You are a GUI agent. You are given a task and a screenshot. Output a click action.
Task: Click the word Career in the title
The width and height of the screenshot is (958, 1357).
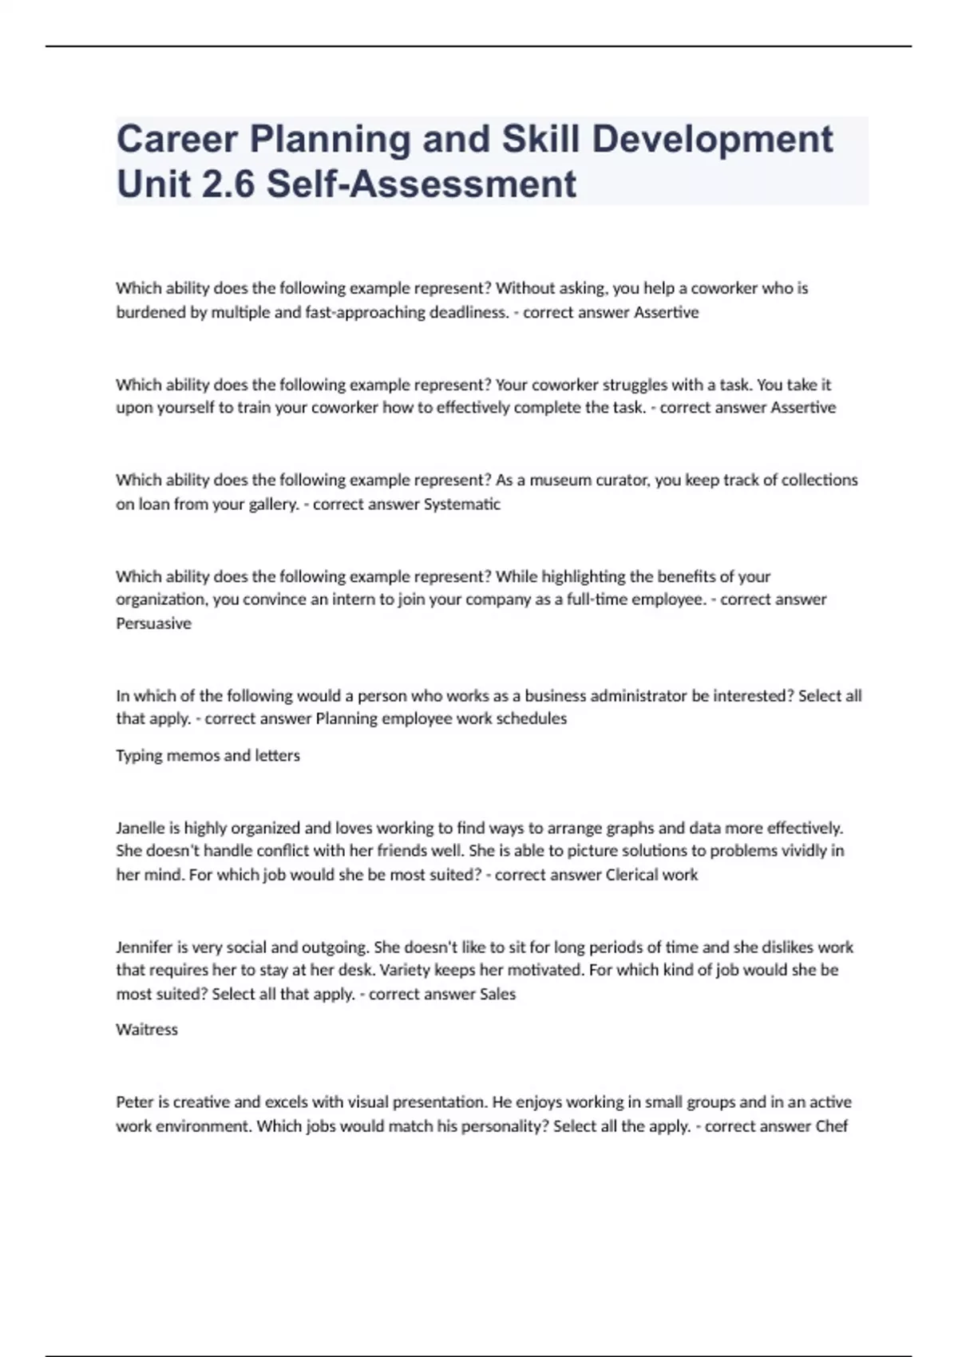177,140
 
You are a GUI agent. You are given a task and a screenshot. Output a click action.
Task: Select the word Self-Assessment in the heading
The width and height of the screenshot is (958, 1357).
422,184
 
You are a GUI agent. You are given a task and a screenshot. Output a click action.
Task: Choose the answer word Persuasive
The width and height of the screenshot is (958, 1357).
153,623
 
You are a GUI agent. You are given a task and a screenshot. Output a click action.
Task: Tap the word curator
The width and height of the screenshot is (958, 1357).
626,480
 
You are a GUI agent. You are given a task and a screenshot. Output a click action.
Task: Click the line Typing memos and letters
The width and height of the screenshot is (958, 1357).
208,755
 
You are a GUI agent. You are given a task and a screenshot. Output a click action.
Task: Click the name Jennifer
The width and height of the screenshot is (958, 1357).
144,947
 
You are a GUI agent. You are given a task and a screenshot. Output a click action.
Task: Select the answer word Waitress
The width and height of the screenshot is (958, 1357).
147,1030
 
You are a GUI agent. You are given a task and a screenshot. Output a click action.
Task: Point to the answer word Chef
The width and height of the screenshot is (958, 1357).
831,1126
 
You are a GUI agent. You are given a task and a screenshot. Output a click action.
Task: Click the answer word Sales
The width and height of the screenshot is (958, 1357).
497,995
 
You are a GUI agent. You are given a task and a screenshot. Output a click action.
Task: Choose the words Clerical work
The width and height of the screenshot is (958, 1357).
651,875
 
